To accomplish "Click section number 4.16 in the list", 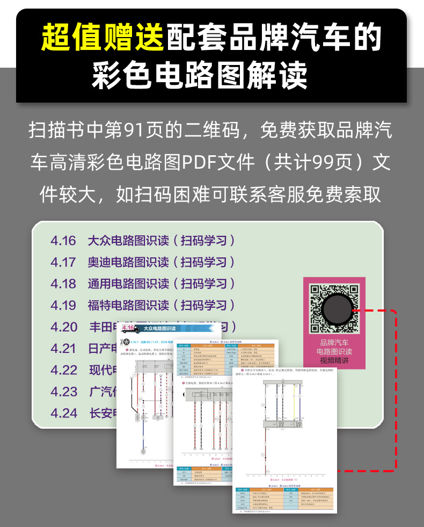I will point(63,240).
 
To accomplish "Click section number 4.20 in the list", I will point(64,327).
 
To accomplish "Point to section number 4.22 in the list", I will point(64,370).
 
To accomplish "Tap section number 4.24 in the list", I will point(64,413).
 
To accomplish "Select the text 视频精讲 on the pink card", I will point(334,360).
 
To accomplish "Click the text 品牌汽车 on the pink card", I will point(334,342).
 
